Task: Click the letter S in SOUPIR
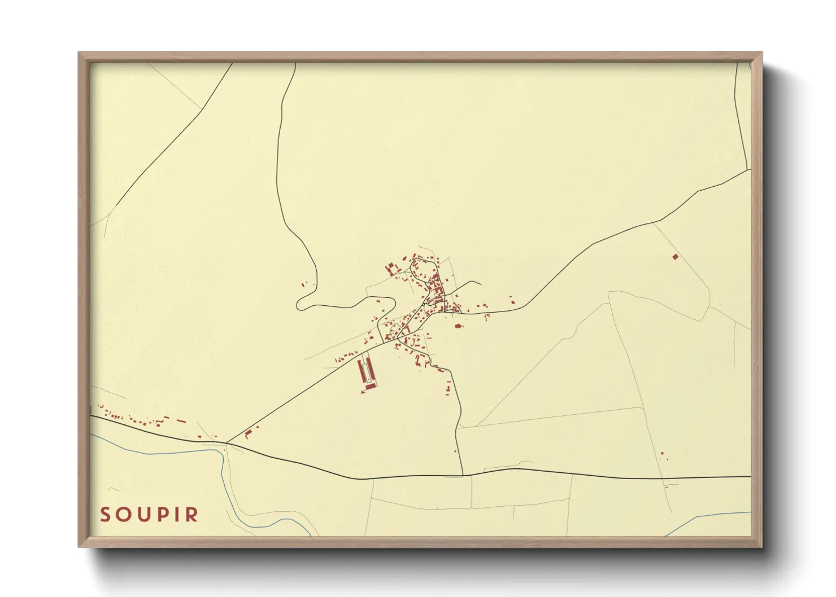click(x=104, y=515)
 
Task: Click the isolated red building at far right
click(x=675, y=257)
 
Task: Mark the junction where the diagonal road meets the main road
click(x=227, y=443)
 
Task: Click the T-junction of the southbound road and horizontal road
click(x=463, y=475)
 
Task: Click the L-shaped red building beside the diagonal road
click(x=247, y=434)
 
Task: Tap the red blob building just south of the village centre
click(x=458, y=326)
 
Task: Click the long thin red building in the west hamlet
click(x=181, y=420)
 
